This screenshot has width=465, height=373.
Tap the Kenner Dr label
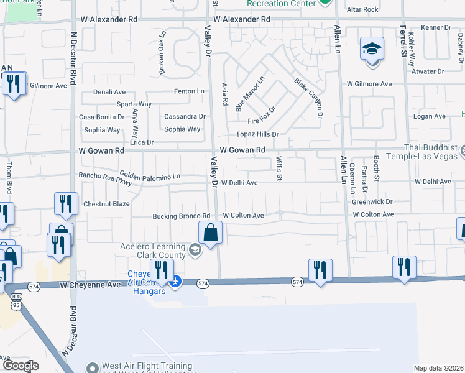point(435,27)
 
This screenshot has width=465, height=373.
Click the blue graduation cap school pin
point(372,50)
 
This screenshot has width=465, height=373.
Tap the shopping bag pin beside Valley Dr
point(211,234)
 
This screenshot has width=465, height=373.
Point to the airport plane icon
point(175,282)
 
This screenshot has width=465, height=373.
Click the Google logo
point(21,366)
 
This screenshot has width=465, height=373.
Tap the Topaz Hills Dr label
point(257,134)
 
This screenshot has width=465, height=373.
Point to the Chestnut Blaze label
point(106,204)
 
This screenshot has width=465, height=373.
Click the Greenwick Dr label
point(372,201)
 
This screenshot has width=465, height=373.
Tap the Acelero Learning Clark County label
point(153,251)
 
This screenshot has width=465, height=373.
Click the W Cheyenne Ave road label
point(90,285)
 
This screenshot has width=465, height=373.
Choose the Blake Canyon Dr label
point(309,98)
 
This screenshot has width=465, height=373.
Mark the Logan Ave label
point(430,116)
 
